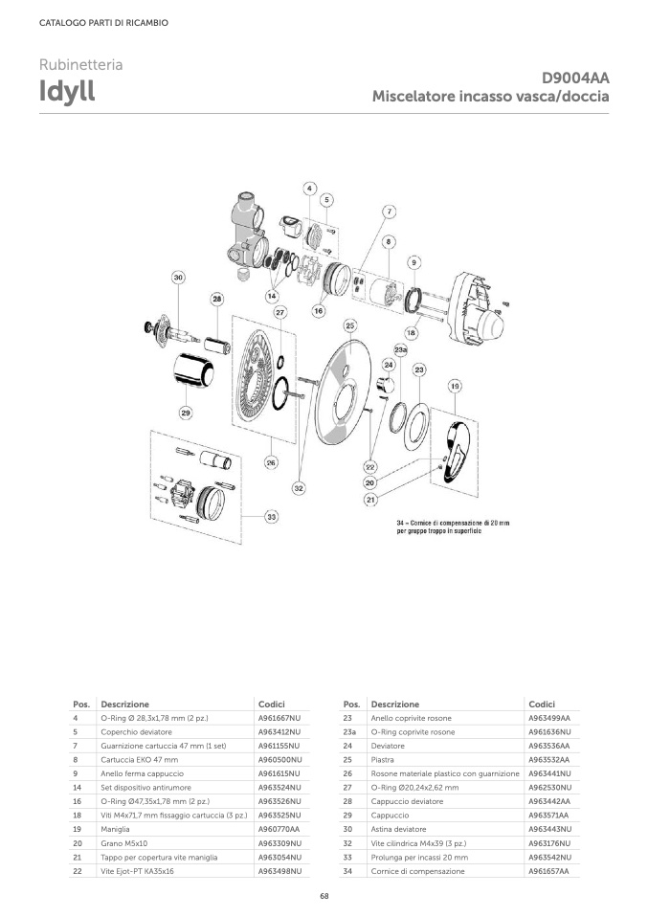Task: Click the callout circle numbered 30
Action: (x=178, y=278)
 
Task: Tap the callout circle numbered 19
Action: (x=455, y=386)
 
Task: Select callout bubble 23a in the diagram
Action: (x=401, y=350)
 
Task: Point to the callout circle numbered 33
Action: (x=272, y=517)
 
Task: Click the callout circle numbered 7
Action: (x=390, y=212)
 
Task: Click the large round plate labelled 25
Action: (x=342, y=394)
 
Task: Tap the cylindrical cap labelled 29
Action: (x=194, y=370)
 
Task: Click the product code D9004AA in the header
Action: (x=575, y=78)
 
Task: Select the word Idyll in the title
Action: (x=67, y=91)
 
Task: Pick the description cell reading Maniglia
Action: (x=115, y=829)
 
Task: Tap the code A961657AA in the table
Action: (x=549, y=871)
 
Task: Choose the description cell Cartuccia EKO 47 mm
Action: (x=139, y=760)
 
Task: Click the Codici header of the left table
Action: (x=272, y=705)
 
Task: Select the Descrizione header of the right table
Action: (x=394, y=705)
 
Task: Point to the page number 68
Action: (x=324, y=896)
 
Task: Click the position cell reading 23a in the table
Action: (x=349, y=732)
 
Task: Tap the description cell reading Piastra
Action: (x=383, y=760)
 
